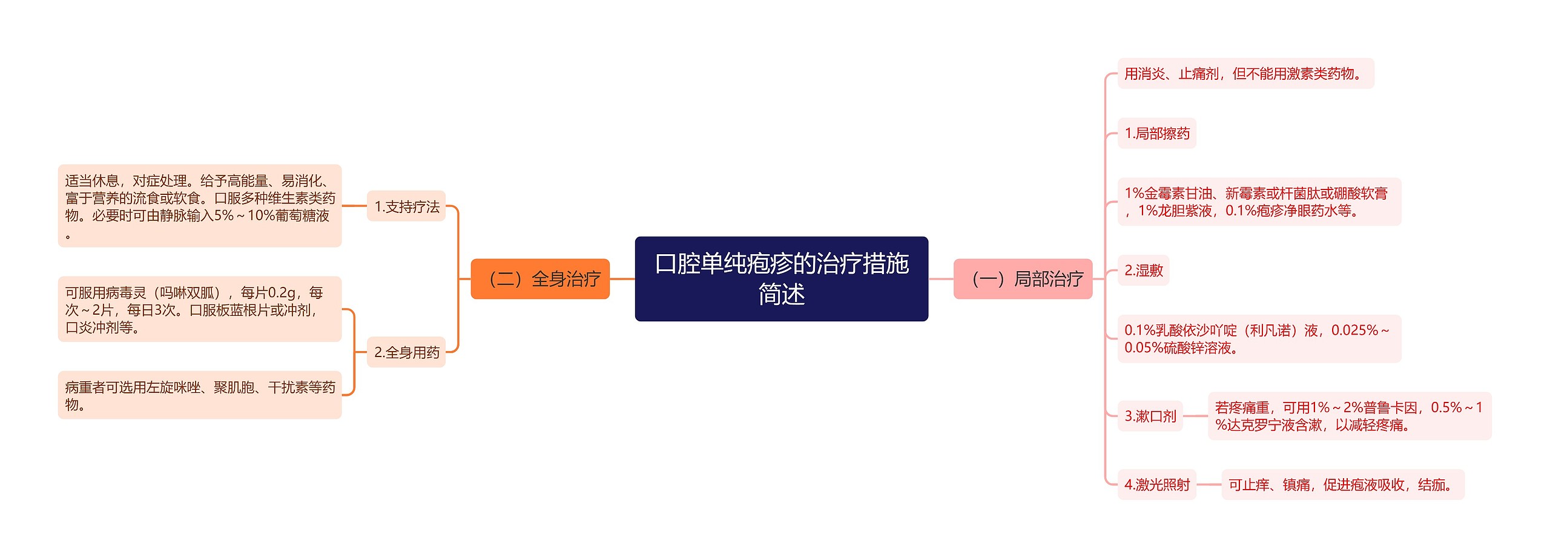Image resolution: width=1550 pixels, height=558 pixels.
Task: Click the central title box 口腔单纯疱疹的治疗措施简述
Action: (x=781, y=278)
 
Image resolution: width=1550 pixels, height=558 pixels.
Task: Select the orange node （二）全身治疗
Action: (x=539, y=279)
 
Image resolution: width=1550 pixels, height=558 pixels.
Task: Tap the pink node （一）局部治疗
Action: (x=1023, y=279)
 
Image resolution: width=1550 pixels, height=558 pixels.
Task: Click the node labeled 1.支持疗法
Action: (x=406, y=206)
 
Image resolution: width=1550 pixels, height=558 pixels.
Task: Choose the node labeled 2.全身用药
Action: (x=406, y=352)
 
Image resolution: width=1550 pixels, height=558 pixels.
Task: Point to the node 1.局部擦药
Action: (x=1156, y=133)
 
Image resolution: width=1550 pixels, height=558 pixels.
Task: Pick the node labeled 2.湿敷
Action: (x=1143, y=270)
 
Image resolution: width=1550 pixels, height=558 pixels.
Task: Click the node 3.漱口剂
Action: (x=1150, y=416)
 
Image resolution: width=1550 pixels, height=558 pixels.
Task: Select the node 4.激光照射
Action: (x=1156, y=484)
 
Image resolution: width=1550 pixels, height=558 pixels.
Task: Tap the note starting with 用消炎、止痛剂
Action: (x=1245, y=74)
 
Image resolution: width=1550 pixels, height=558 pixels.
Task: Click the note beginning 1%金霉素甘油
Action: (x=1258, y=202)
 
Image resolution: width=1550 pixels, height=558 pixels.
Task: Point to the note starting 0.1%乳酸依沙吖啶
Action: (x=1258, y=339)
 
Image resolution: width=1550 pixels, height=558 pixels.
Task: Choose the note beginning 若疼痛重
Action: (x=1349, y=416)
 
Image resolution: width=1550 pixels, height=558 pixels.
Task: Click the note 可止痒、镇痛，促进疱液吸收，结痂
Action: (x=1342, y=484)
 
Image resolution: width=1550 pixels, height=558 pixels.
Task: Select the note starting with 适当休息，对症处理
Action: (x=200, y=206)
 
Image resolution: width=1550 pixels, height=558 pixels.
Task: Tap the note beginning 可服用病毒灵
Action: (x=200, y=309)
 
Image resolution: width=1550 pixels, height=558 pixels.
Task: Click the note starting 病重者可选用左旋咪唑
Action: (x=200, y=395)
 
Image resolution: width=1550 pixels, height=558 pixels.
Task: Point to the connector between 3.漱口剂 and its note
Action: (x=1195, y=416)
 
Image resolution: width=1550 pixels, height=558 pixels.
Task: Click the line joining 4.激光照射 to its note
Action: (x=1209, y=484)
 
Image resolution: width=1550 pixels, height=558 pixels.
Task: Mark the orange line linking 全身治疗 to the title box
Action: (x=622, y=279)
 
